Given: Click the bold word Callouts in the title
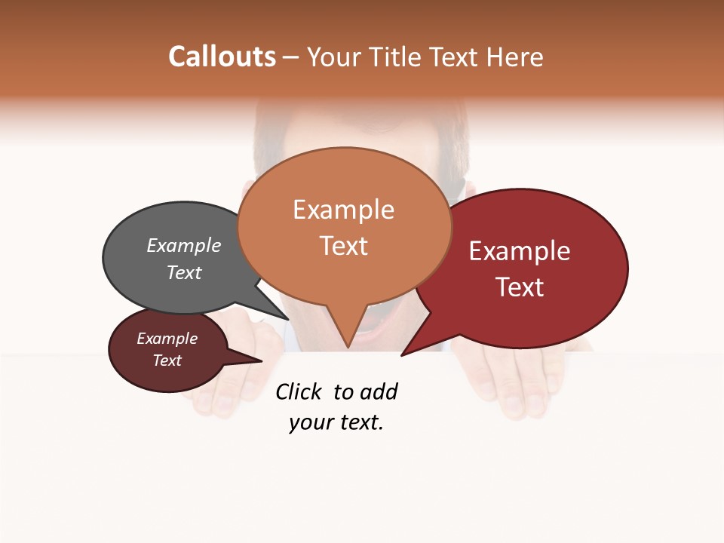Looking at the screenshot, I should [222, 57].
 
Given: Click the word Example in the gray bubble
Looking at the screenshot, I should [183, 245].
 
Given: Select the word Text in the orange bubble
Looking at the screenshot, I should [344, 246].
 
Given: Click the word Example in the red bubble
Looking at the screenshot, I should [520, 251].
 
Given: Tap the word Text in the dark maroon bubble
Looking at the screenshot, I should [167, 360].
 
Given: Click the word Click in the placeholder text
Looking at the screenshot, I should [298, 391].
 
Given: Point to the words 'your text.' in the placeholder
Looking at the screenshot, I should [336, 422].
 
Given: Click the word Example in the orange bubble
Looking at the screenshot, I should [344, 210].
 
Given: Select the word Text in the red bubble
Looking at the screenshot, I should [520, 287].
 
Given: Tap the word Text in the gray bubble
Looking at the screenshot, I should [183, 272].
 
